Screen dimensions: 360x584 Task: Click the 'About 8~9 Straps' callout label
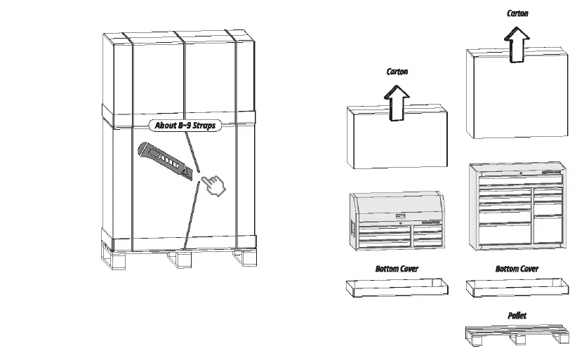(x=185, y=126)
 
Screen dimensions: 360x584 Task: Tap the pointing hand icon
(x=212, y=185)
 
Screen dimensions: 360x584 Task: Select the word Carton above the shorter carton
(x=397, y=72)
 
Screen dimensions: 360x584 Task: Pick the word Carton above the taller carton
(x=517, y=13)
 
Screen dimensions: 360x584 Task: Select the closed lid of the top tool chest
(x=397, y=205)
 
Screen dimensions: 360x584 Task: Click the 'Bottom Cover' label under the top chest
(x=397, y=269)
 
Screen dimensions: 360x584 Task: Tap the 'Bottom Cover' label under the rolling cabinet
(x=517, y=269)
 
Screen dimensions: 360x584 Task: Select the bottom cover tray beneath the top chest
(x=397, y=286)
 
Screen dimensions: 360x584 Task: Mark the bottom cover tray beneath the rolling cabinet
(x=516, y=286)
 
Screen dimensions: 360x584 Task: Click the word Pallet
(x=517, y=316)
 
